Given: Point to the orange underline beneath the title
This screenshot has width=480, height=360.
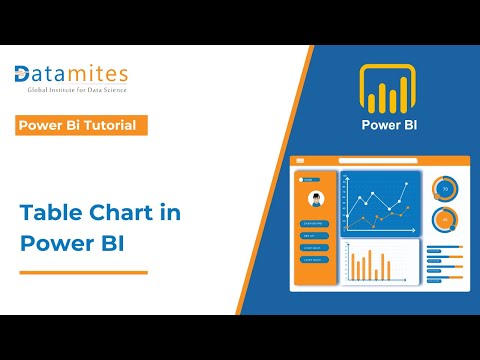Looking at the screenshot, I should [x=84, y=271].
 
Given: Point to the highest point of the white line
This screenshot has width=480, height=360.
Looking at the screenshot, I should [x=405, y=184].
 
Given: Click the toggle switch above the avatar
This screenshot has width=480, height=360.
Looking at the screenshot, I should [x=311, y=180].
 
